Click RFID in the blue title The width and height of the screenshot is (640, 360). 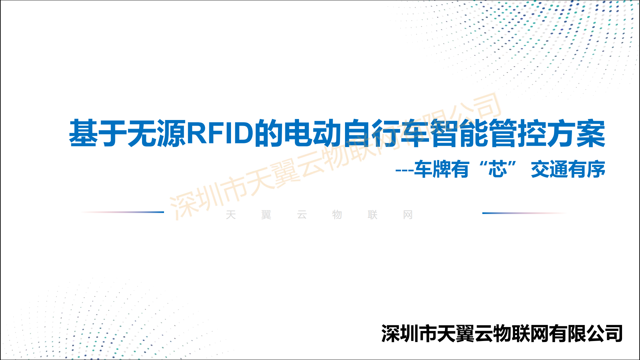(x=220, y=133)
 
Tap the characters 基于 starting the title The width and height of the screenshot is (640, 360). (x=98, y=133)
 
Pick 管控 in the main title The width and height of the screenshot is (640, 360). (x=518, y=133)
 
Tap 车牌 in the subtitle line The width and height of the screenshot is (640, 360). (x=432, y=169)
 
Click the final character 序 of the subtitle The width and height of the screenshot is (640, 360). (x=596, y=169)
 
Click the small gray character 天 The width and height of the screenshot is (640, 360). (x=231, y=215)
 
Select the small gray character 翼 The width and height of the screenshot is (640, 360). (x=266, y=215)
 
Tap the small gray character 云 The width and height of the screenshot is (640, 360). (x=302, y=215)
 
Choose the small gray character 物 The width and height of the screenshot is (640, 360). (x=337, y=215)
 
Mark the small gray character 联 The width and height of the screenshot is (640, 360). (x=373, y=215)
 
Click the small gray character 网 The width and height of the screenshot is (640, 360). (x=408, y=215)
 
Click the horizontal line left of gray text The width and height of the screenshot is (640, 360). (x=122, y=212)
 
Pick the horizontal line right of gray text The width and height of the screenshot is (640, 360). (x=524, y=213)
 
